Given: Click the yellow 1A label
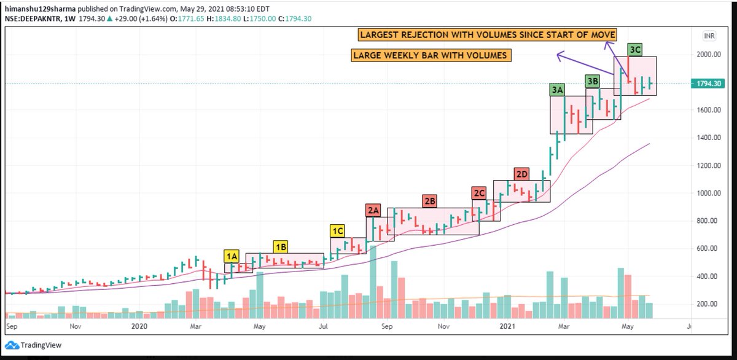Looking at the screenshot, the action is [232, 256].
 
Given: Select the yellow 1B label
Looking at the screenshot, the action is [281, 247].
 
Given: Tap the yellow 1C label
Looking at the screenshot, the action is [338, 231].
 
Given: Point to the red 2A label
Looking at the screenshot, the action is [373, 210].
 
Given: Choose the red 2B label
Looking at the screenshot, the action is [430, 201].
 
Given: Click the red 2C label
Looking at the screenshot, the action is [479, 193].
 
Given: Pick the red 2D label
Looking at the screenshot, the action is [522, 174].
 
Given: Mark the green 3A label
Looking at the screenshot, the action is [558, 90].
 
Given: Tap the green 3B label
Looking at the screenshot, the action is [593, 81].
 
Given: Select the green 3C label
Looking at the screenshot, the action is [634, 50].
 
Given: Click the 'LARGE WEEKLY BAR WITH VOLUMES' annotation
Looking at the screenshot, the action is [431, 55].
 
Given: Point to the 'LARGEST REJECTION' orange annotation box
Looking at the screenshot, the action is [487, 34].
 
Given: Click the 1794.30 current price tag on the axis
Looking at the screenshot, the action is [708, 84].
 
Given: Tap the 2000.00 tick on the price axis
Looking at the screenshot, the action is [708, 54].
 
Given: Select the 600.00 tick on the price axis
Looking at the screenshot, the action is [708, 248].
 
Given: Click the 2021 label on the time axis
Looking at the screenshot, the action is [507, 326].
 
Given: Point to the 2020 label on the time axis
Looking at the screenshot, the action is [139, 326].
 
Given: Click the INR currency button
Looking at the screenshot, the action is [709, 36].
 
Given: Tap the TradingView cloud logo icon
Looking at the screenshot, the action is [12, 345].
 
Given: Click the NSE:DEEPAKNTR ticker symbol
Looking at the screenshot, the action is [33, 19].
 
